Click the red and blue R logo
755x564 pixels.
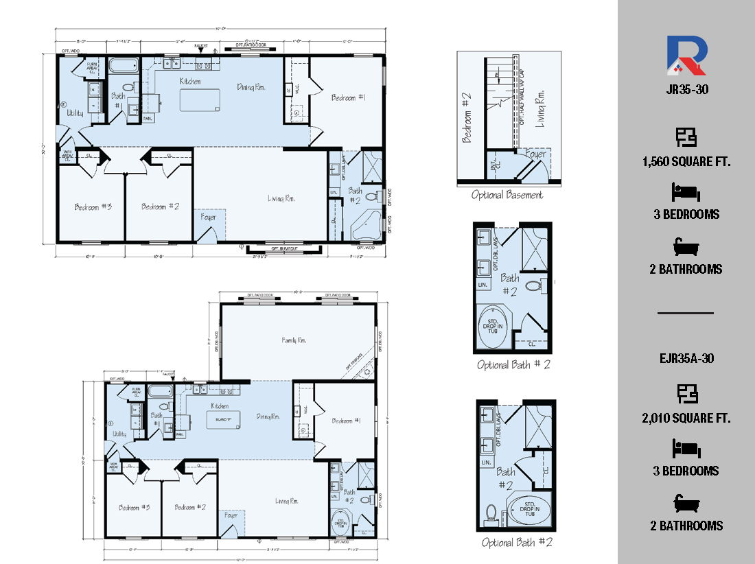point(686,56)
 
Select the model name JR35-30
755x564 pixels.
point(686,89)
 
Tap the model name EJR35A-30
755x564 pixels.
point(686,358)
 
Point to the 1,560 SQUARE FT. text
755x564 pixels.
point(686,162)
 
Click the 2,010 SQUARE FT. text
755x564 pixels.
point(686,418)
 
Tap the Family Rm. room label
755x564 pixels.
point(294,340)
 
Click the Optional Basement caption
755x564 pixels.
point(507,196)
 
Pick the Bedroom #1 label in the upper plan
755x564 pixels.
point(348,98)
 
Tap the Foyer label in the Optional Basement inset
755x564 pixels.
point(535,154)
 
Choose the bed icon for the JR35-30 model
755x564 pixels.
point(686,191)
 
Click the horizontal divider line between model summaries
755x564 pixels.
point(686,313)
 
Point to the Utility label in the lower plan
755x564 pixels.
point(120,434)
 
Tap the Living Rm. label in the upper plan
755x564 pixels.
point(281,199)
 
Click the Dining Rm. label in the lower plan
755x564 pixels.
point(268,416)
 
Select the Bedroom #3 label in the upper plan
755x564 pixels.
point(89,207)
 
